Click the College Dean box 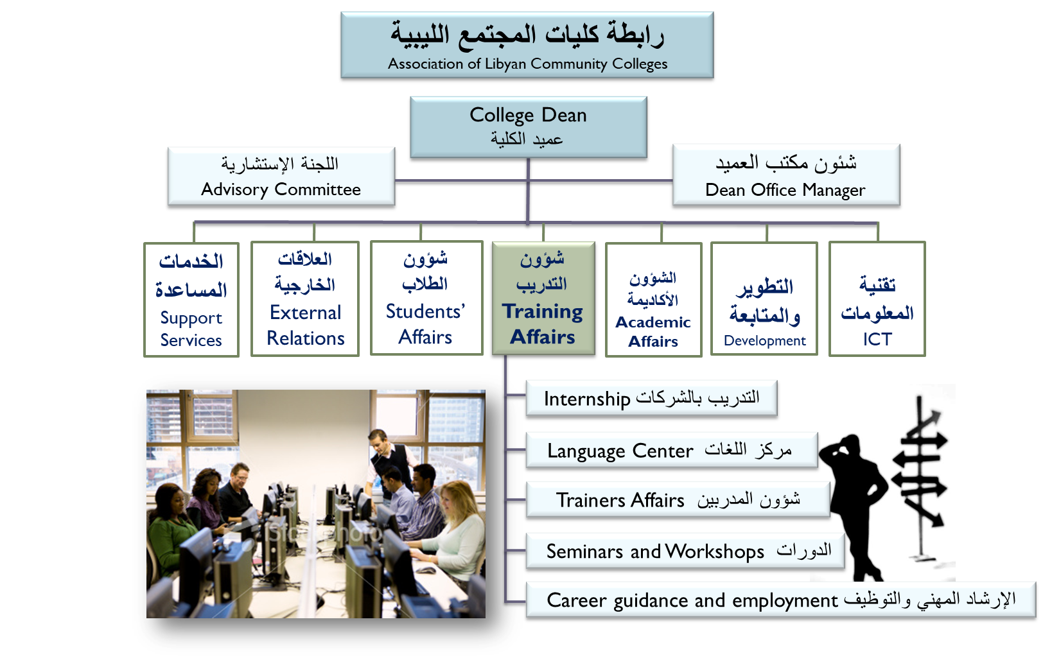click(x=529, y=127)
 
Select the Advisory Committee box click(x=281, y=177)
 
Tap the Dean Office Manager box click(x=786, y=175)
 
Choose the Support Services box click(x=191, y=299)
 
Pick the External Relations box click(x=305, y=299)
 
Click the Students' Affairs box click(x=426, y=298)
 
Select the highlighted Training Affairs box click(x=543, y=298)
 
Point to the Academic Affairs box click(x=654, y=299)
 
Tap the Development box click(x=764, y=299)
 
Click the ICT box click(x=877, y=299)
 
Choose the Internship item click(x=651, y=398)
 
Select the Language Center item click(x=672, y=450)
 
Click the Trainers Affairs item click(x=678, y=500)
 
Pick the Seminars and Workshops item click(x=685, y=551)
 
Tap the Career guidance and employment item click(x=781, y=600)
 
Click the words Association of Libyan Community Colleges click(x=527, y=64)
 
